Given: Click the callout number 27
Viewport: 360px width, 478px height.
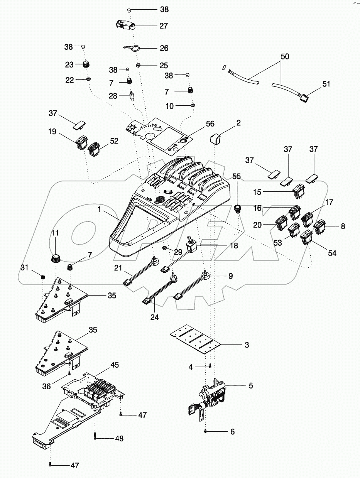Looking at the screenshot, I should tap(164, 26).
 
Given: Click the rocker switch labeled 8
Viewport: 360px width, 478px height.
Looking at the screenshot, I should tap(321, 226).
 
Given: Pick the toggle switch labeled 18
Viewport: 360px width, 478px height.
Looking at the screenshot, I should tap(192, 246).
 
